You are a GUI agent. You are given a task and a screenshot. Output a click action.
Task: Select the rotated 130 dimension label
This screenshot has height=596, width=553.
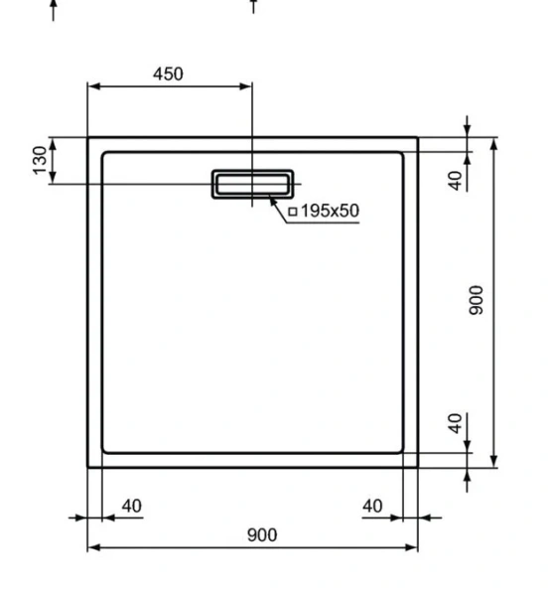tap(40, 161)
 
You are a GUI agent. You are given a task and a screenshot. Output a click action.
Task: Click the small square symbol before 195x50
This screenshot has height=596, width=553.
tap(293, 212)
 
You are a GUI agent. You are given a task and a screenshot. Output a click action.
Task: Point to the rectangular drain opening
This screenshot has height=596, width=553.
tap(252, 184)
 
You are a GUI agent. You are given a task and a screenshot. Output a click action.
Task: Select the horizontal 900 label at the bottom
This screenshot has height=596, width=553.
tap(261, 534)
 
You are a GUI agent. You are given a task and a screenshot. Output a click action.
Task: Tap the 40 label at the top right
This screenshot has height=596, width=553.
tap(455, 181)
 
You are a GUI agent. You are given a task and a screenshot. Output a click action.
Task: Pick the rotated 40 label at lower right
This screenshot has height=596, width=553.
tap(455, 424)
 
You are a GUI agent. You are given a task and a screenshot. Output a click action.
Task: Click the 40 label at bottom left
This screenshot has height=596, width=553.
tap(131, 506)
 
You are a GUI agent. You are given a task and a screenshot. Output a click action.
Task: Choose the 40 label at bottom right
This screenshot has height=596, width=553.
tap(372, 506)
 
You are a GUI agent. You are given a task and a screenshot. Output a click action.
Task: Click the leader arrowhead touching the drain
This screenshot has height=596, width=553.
tap(272, 200)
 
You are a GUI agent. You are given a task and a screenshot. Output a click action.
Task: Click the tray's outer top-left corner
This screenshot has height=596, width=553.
tap(88, 138)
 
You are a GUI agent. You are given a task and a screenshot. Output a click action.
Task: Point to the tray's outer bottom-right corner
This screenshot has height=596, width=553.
tap(418, 467)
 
